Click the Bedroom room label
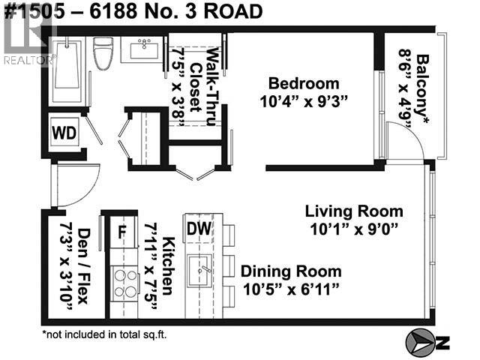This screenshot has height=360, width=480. click(304, 83)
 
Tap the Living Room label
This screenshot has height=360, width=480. click(354, 211)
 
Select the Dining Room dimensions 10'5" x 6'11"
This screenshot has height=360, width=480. click(291, 289)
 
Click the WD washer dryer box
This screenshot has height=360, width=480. click(64, 133)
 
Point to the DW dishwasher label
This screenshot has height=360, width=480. click(199, 228)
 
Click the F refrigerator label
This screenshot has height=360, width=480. click(121, 232)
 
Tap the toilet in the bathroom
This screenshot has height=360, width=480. click(103, 53)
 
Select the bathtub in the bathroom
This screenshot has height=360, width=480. click(67, 71)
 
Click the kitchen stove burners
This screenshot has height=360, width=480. click(125, 283)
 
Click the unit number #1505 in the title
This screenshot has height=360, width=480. click(34, 11)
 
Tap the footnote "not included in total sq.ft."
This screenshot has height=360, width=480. click(105, 334)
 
